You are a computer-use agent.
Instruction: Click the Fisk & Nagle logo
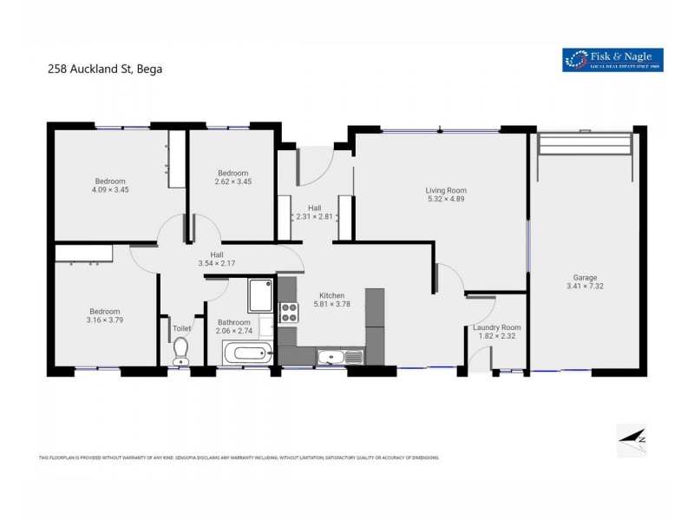click(612, 59)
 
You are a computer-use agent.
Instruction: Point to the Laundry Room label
click(495, 327)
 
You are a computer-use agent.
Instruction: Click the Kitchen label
click(331, 294)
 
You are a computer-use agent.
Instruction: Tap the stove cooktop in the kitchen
click(288, 311)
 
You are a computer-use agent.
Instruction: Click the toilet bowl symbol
click(180, 349)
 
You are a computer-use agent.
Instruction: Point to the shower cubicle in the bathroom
click(260, 295)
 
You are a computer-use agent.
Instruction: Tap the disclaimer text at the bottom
click(239, 458)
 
